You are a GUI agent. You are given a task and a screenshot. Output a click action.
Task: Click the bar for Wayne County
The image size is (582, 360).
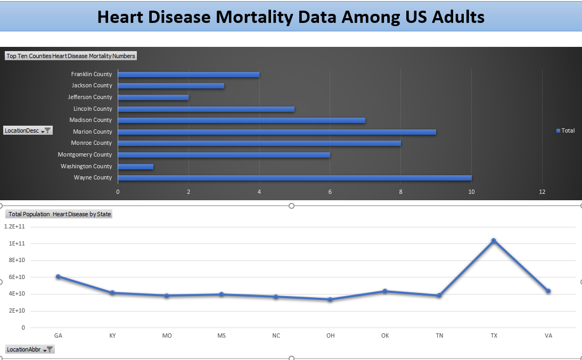pyautogui.click(x=294, y=178)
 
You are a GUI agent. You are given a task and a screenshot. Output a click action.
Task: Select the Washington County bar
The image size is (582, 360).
pyautogui.click(x=135, y=167)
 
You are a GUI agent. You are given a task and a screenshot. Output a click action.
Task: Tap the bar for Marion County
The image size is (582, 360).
pyautogui.click(x=277, y=132)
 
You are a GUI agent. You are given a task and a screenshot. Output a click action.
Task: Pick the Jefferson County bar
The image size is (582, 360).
pyautogui.click(x=153, y=97)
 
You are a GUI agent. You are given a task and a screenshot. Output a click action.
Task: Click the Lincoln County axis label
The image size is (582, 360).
pyautogui.click(x=92, y=109)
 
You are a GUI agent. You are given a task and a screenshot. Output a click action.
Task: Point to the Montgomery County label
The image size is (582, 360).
pyautogui.click(x=85, y=154)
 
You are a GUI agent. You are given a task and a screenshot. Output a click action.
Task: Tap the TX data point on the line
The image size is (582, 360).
pyautogui.click(x=494, y=241)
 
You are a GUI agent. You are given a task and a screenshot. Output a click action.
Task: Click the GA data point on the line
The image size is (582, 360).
pyautogui.click(x=58, y=276)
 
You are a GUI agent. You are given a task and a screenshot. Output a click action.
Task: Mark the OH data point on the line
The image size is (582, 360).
pyautogui.click(x=330, y=299)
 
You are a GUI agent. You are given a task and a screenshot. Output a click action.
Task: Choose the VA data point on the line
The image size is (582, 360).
pyautogui.click(x=548, y=291)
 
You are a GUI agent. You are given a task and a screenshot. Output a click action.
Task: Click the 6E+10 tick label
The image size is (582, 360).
pyautogui.click(x=18, y=277)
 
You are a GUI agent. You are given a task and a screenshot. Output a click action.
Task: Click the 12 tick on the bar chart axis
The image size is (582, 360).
pyautogui.click(x=542, y=192)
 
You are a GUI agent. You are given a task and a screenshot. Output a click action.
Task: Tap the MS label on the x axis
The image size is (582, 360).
pyautogui.click(x=222, y=336)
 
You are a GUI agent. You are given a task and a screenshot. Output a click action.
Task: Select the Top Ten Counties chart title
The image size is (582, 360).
pyautogui.click(x=71, y=56)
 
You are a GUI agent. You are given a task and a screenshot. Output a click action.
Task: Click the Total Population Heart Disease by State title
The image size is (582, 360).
pyautogui.click(x=60, y=214)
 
